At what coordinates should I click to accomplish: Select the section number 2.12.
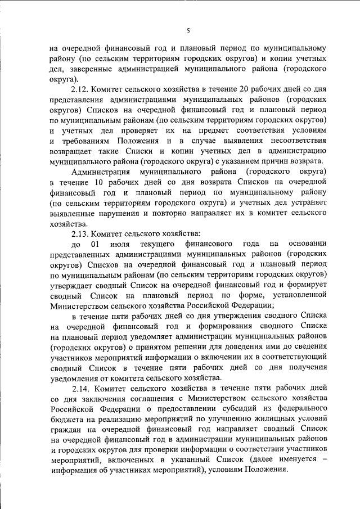click(x=81, y=90)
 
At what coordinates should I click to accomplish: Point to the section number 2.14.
click(x=81, y=388)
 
